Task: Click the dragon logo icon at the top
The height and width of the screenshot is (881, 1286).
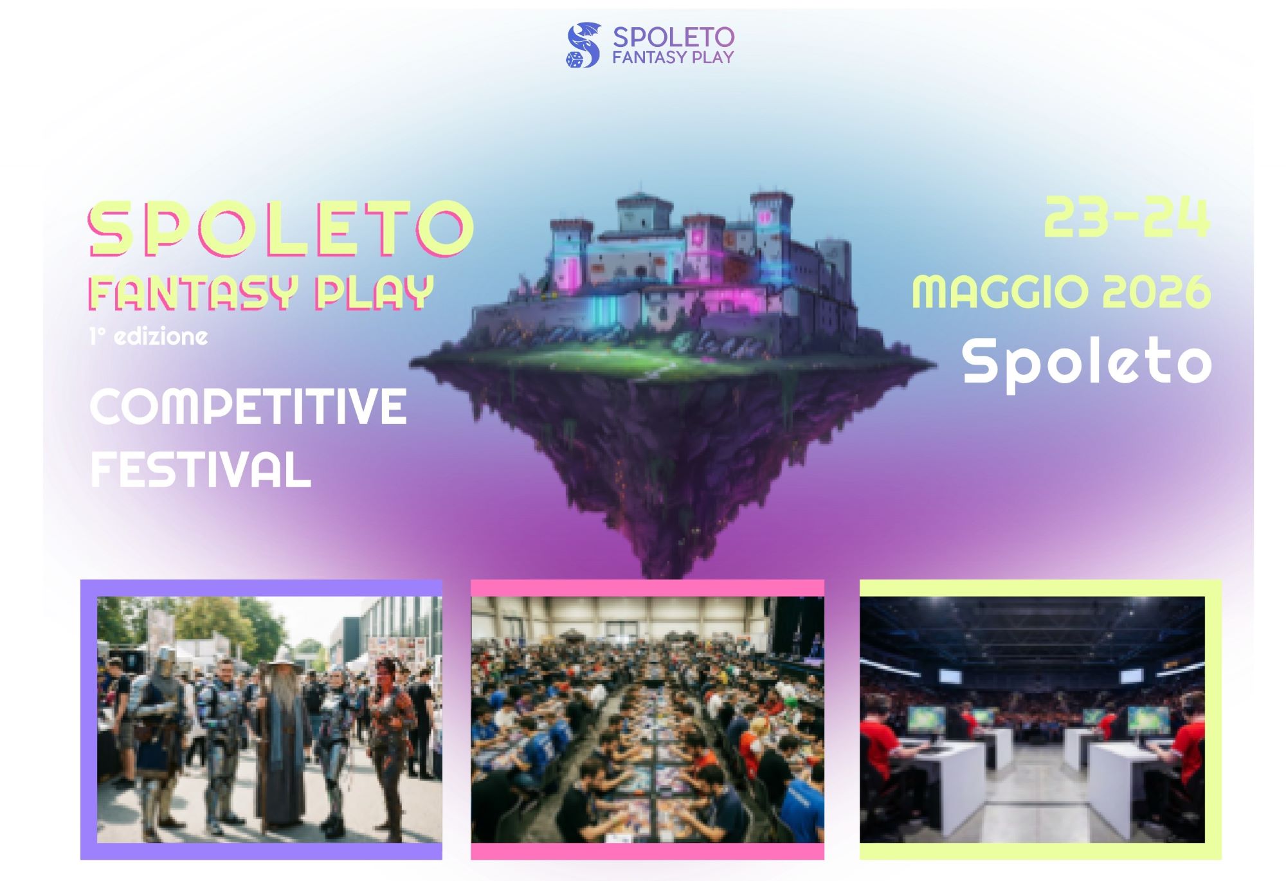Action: tap(583, 45)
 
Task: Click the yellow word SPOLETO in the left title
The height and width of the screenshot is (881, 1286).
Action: tap(282, 228)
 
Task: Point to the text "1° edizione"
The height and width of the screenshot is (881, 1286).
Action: tap(149, 336)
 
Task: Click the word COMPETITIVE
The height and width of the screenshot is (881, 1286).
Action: tap(248, 406)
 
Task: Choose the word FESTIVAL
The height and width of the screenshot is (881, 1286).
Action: tap(201, 469)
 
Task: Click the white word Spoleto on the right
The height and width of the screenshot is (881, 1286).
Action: tap(1087, 362)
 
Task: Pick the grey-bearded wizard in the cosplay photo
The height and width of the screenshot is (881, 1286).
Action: tap(281, 746)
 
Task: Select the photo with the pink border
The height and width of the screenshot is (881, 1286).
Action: tap(648, 719)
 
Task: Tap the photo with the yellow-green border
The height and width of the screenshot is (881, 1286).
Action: tap(1040, 719)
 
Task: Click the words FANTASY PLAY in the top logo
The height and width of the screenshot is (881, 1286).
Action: tap(673, 57)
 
